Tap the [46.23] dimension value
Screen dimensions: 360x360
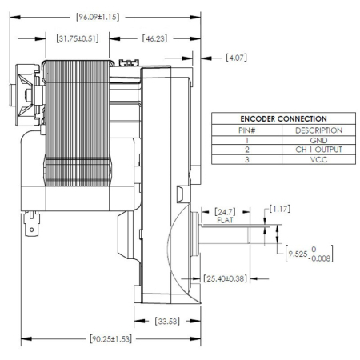click(x=154, y=38)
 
